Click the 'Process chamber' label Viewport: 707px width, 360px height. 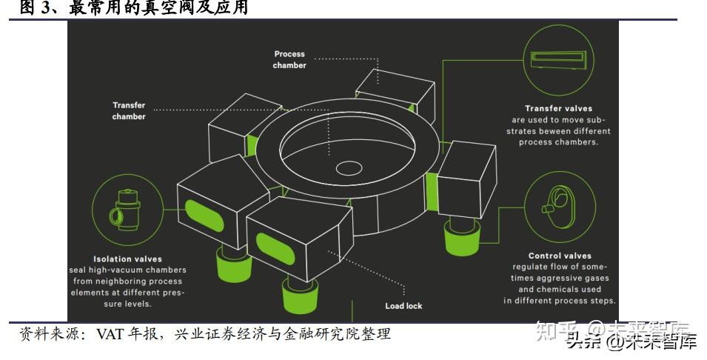coord(289,59)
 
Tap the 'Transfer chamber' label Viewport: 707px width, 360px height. coord(129,110)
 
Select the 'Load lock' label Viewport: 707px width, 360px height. coord(403,306)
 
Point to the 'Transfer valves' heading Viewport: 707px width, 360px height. coord(559,108)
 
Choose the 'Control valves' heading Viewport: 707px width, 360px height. coord(560,256)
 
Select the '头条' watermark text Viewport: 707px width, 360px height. coord(583,342)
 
